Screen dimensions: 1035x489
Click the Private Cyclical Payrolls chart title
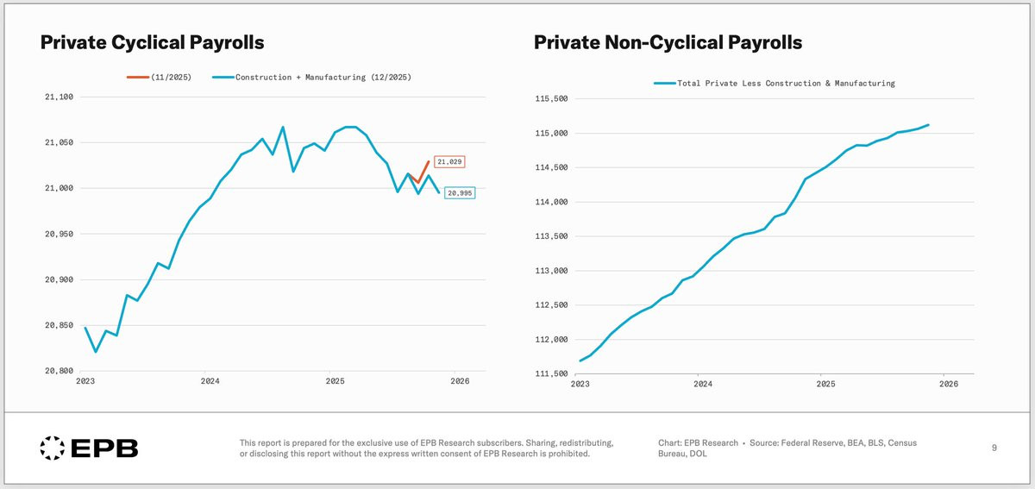click(152, 42)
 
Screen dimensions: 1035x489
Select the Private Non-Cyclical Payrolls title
click(668, 42)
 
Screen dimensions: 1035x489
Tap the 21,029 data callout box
click(449, 162)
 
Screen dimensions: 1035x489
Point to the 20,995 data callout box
click(460, 193)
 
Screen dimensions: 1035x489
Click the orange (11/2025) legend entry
click(159, 77)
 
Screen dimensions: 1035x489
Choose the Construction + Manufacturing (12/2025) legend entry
click(312, 77)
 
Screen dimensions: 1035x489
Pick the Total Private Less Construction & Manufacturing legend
click(775, 83)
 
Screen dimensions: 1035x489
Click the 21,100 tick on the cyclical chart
click(60, 97)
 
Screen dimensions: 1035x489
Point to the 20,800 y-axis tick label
click(60, 371)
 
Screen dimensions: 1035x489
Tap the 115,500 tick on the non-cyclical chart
click(551, 98)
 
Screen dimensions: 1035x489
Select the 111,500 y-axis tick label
click(551, 373)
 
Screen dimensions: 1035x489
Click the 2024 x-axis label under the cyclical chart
click(210, 381)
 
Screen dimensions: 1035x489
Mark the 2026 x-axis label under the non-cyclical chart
click(949, 384)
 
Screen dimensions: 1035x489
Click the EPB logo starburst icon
click(53, 448)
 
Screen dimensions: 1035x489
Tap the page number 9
click(994, 448)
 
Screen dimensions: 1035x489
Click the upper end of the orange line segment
click(429, 161)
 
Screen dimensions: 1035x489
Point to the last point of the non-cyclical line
click(928, 125)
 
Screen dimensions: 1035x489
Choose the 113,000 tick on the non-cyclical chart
click(551, 271)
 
